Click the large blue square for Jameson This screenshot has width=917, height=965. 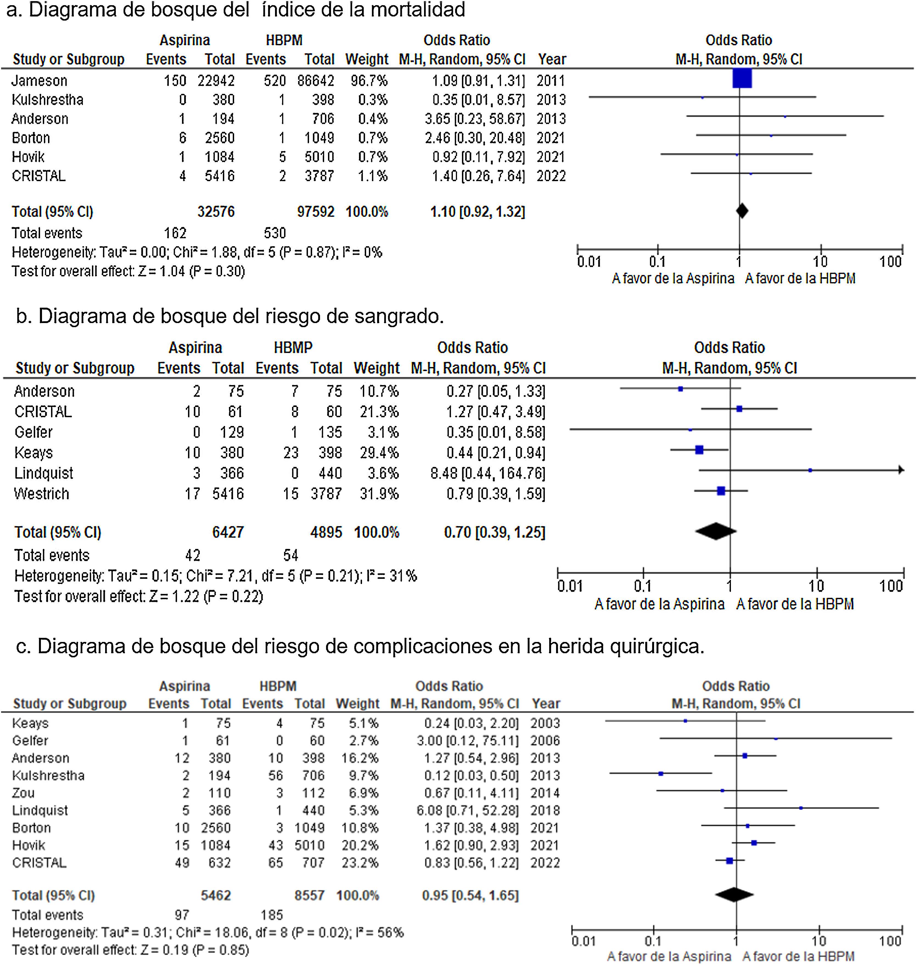(x=742, y=79)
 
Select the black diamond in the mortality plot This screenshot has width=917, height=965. (x=742, y=211)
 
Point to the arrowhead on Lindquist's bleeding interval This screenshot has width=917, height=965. (x=901, y=470)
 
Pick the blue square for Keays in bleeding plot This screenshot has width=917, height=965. (x=699, y=450)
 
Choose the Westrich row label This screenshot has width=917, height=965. (x=41, y=494)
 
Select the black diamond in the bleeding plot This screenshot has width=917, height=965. (x=716, y=531)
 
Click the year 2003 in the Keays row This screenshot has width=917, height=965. (x=545, y=723)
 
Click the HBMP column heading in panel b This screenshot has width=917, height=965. (x=293, y=347)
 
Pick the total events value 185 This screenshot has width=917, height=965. (x=272, y=915)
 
